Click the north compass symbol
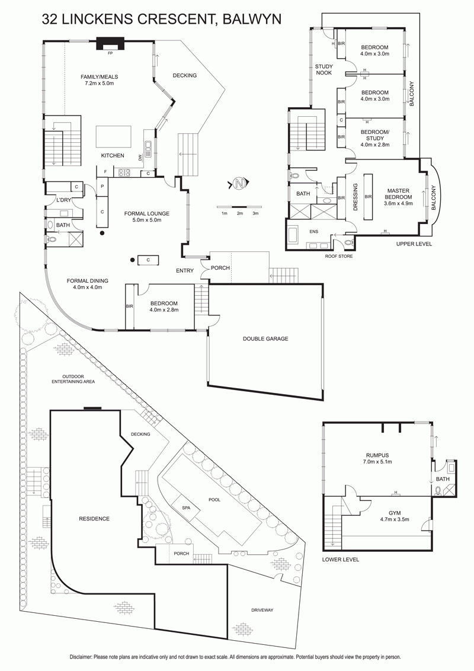click(239, 184)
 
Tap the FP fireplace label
click(110, 54)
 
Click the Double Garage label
click(265, 338)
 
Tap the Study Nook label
click(324, 70)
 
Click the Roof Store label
click(340, 256)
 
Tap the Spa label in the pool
click(186, 508)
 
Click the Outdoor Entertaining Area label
click(73, 379)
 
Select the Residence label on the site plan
click(94, 519)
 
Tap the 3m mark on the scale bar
click(255, 213)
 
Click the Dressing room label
click(355, 197)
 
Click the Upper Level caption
click(414, 244)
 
